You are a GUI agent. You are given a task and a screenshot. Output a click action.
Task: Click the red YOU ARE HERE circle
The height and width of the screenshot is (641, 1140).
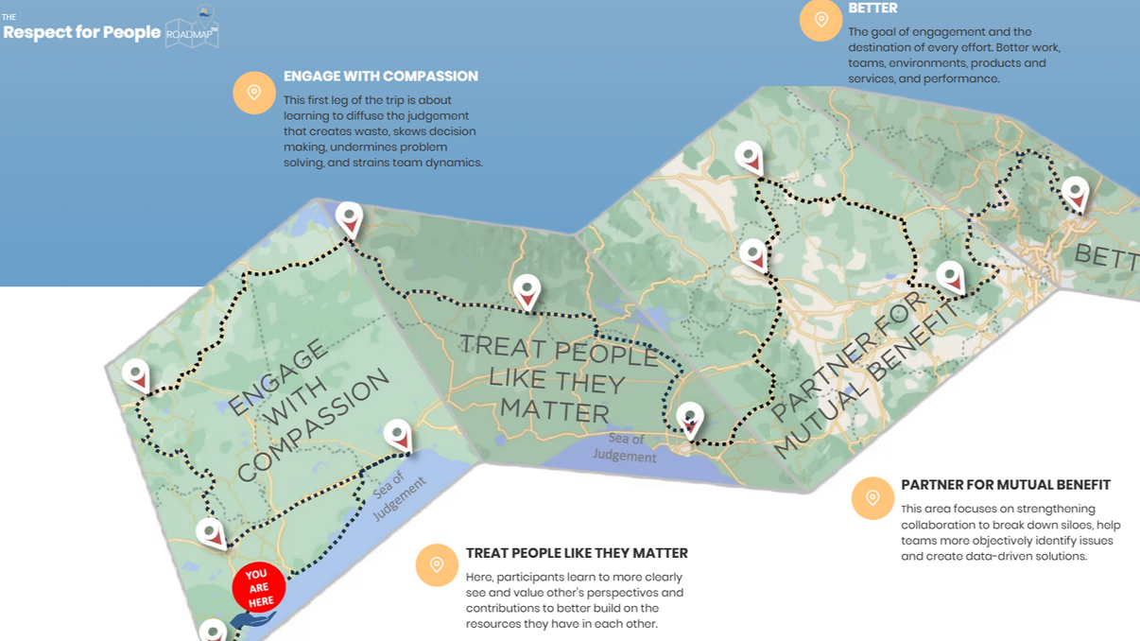(x=258, y=587)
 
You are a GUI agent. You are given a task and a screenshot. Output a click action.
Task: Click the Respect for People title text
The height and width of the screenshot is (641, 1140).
(x=82, y=33)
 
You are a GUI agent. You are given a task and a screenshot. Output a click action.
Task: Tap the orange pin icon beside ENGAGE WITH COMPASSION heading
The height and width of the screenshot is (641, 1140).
(x=254, y=93)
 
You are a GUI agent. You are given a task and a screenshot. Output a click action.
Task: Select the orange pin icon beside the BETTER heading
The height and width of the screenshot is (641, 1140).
(x=820, y=20)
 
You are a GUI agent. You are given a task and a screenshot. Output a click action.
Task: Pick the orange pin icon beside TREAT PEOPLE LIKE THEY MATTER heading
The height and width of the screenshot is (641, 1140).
(x=437, y=565)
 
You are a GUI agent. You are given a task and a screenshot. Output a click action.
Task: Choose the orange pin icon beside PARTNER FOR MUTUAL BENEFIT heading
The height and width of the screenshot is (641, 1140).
(x=872, y=498)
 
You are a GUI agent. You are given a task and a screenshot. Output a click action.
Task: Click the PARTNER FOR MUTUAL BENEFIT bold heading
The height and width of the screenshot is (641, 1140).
(x=1005, y=485)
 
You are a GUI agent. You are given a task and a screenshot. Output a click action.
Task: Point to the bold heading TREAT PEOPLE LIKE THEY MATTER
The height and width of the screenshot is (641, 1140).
(x=577, y=554)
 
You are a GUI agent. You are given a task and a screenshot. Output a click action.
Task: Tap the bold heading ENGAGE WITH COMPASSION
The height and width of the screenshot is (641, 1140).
(x=381, y=77)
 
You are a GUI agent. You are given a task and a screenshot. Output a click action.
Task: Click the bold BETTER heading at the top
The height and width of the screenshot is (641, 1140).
(x=872, y=9)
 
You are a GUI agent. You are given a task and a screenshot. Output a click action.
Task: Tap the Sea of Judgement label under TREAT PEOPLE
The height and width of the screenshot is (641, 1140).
(x=625, y=447)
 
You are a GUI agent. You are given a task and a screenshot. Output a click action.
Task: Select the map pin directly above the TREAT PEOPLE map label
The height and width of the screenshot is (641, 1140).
(x=527, y=291)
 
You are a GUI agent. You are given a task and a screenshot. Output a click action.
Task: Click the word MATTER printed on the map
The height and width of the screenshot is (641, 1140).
(x=554, y=410)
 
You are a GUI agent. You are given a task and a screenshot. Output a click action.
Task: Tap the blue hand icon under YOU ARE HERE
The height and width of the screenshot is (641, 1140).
(x=252, y=620)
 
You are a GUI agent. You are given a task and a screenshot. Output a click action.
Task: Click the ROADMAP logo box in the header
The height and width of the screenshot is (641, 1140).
(x=192, y=31)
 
